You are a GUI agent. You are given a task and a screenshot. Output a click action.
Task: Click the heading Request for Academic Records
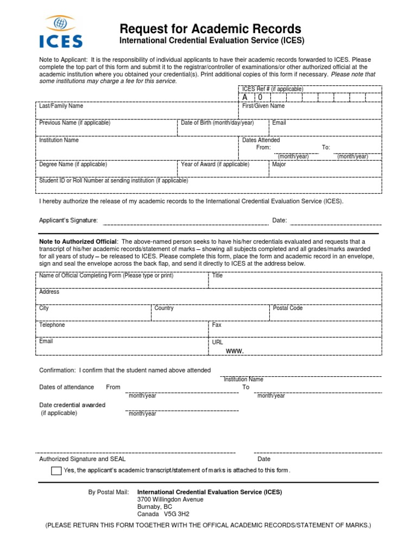pyautogui.click(x=210, y=29)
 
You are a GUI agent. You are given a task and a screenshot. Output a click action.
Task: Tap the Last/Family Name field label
pyautogui.click(x=61, y=106)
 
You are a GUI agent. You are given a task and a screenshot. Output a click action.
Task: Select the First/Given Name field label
pyautogui.click(x=263, y=106)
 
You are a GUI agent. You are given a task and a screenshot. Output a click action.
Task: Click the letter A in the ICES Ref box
pyautogui.click(x=245, y=97)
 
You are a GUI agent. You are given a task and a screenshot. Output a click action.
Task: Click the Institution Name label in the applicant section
pyautogui.click(x=59, y=140)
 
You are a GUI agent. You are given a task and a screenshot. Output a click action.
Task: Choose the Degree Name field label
pyautogui.click(x=73, y=165)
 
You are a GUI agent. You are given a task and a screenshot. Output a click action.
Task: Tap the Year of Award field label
pyautogui.click(x=215, y=165)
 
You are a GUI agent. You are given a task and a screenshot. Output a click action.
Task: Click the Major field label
pyautogui.click(x=279, y=165)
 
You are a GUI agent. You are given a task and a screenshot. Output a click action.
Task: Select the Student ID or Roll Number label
pyautogui.click(x=113, y=181)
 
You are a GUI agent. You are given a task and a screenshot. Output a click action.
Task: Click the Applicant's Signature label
pyautogui.click(x=68, y=220)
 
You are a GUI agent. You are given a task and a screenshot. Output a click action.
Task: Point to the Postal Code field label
pyautogui.click(x=288, y=308)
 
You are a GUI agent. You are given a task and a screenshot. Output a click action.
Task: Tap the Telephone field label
pyautogui.click(x=52, y=325)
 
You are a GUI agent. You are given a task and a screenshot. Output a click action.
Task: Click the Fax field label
pyautogui.click(x=217, y=325)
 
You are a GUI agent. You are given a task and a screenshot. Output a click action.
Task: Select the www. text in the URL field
pyautogui.click(x=235, y=351)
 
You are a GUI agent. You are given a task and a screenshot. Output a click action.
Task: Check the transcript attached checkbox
pyautogui.click(x=56, y=471)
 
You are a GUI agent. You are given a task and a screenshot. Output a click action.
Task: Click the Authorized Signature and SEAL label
pyautogui.click(x=83, y=459)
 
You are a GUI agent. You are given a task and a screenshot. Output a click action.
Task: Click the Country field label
pyautogui.click(x=164, y=308)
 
